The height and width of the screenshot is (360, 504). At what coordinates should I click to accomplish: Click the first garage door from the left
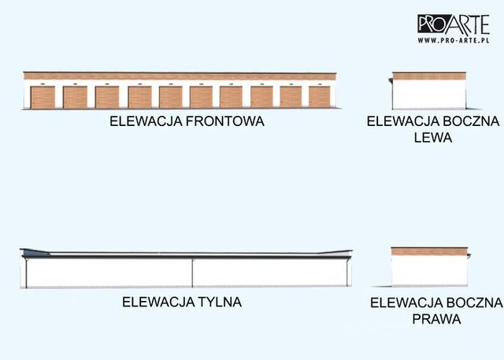(x=43, y=96)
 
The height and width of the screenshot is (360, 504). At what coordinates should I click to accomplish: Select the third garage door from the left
(x=106, y=96)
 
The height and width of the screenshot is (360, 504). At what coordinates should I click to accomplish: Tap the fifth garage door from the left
(x=170, y=96)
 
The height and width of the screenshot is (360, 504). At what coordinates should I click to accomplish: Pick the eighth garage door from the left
(x=261, y=96)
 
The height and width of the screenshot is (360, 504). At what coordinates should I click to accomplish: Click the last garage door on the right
(x=319, y=96)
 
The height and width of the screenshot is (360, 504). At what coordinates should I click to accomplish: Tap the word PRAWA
(x=435, y=320)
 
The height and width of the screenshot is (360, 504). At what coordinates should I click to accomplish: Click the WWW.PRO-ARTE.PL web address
(x=454, y=38)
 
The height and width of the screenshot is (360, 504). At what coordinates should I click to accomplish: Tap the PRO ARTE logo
(x=454, y=22)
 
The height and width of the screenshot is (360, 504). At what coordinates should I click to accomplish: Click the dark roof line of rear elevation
(x=189, y=254)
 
